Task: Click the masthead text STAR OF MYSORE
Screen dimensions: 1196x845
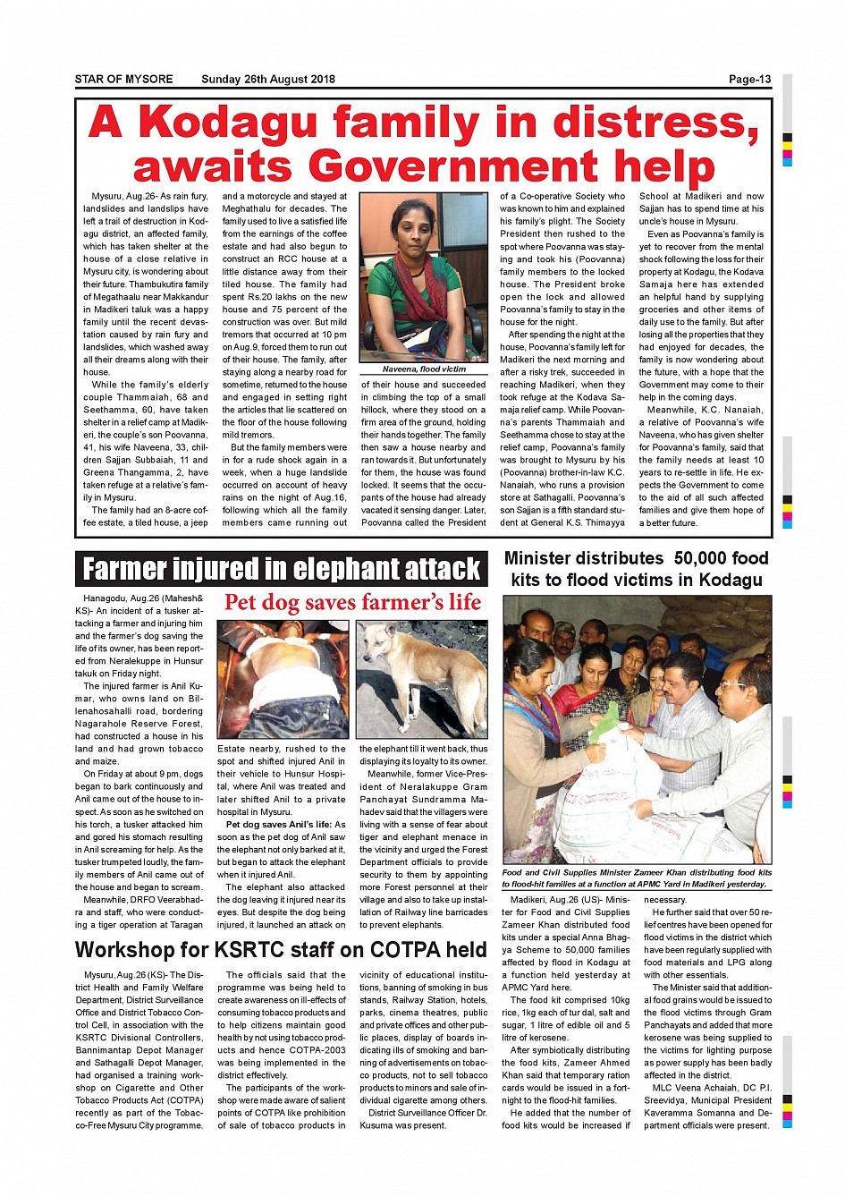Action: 123,80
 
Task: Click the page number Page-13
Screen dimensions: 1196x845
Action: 749,80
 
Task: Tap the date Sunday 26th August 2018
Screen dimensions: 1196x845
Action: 268,80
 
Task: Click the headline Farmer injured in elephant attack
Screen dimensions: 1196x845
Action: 282,569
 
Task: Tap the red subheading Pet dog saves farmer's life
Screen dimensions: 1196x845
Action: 352,603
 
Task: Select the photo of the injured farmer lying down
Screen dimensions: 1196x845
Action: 283,680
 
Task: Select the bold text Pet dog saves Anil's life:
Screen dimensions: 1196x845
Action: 279,825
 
